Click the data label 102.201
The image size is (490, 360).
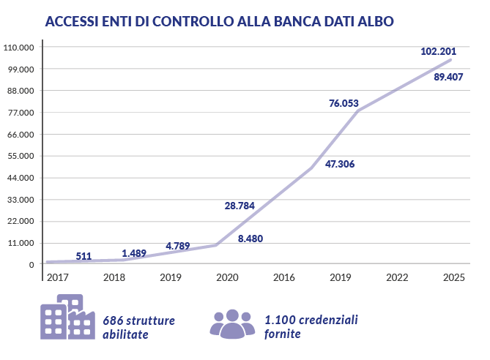click(x=438, y=51)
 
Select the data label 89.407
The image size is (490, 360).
click(x=448, y=77)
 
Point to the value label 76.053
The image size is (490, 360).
click(x=344, y=103)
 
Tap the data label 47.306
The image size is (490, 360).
click(x=340, y=164)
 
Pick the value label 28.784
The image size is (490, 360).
click(x=240, y=206)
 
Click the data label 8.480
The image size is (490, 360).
click(x=250, y=239)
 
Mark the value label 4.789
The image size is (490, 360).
click(x=178, y=246)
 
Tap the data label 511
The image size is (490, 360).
click(x=83, y=256)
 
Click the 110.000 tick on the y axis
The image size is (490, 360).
click(x=20, y=48)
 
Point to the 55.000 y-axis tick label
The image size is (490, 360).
click(x=21, y=156)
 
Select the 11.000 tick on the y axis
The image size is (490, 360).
click(x=21, y=243)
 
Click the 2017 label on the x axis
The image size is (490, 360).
click(x=57, y=277)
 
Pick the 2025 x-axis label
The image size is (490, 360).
click(x=454, y=277)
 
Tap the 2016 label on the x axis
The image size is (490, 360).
click(x=283, y=277)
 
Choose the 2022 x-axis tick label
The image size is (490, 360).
click(x=397, y=277)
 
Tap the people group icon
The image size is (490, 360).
click(x=232, y=323)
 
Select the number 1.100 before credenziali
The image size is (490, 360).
click(x=279, y=320)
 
